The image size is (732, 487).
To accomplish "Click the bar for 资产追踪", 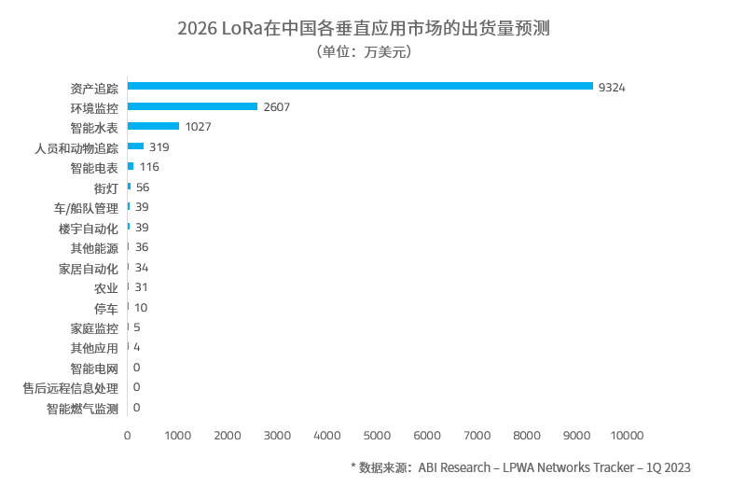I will pos(360,86).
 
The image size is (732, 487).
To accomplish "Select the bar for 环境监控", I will pos(192,106).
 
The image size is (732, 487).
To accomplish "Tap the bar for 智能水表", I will pos(153,126).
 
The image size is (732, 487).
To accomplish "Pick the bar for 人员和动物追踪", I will pos(135,146).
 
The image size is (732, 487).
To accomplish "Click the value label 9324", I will pos(612,87).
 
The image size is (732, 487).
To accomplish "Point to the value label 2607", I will pos(277,107).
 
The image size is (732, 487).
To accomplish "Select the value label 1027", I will pos(199,127).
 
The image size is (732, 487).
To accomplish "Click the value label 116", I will pos(149,167).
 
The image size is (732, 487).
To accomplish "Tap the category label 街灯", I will pos(106,188).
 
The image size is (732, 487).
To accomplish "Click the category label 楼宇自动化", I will pos(88,228).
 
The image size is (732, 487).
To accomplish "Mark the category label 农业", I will pos(106,287).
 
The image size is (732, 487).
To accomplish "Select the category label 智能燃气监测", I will pos(82,408).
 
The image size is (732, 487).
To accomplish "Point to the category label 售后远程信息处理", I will pos(70,387).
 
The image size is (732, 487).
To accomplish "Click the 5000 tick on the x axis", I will pos(377,435).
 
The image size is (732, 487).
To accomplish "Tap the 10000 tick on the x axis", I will pos(627,435).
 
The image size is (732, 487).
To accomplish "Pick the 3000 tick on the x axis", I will pos(277,435).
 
